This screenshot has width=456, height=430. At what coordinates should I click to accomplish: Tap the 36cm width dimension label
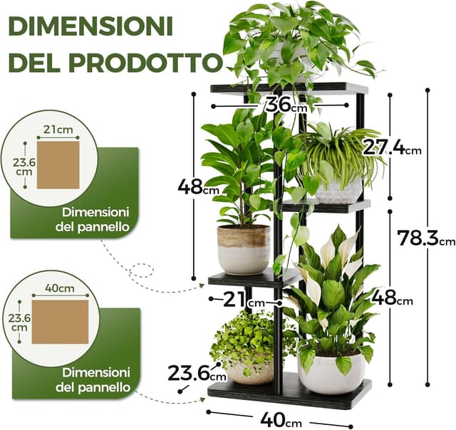[284, 105]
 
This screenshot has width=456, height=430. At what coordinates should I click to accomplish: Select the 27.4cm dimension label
[390, 147]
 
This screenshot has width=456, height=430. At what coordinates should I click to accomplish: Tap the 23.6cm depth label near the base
[196, 372]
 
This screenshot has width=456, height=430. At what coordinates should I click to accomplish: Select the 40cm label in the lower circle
[60, 288]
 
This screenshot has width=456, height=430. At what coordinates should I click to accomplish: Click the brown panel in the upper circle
[58, 164]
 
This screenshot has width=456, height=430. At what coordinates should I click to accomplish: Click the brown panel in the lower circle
[60, 321]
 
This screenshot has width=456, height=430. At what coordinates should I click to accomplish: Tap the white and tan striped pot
[243, 248]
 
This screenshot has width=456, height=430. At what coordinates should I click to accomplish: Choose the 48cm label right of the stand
[391, 299]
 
